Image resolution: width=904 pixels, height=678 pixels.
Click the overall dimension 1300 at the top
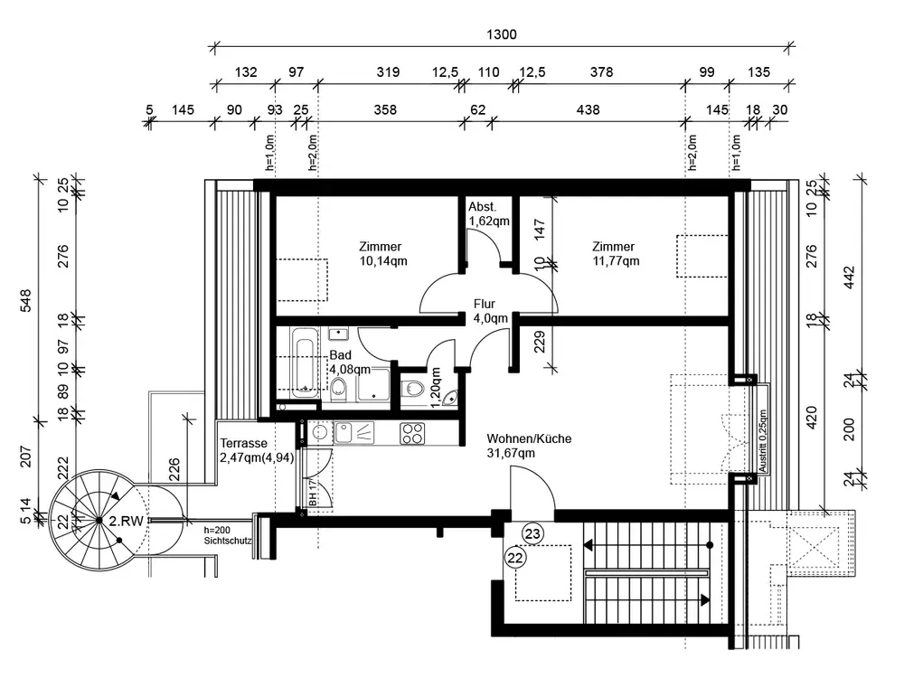(x=502, y=34)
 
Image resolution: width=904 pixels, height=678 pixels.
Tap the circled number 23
(x=533, y=534)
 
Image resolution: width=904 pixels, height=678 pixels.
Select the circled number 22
(x=515, y=558)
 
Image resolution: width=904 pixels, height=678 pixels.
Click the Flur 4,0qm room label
(x=490, y=311)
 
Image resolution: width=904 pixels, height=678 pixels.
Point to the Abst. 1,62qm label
(x=488, y=213)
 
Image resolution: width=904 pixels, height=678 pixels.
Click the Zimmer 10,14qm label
(x=380, y=254)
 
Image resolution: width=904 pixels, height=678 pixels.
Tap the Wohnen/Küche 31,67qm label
(x=529, y=446)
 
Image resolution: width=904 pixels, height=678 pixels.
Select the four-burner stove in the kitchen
(x=413, y=433)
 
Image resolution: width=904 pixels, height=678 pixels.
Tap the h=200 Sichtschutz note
(x=227, y=536)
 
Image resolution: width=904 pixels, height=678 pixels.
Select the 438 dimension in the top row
(x=588, y=110)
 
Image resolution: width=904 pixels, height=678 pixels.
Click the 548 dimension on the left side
(x=26, y=298)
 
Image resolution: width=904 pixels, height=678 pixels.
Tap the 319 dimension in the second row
(x=386, y=72)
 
